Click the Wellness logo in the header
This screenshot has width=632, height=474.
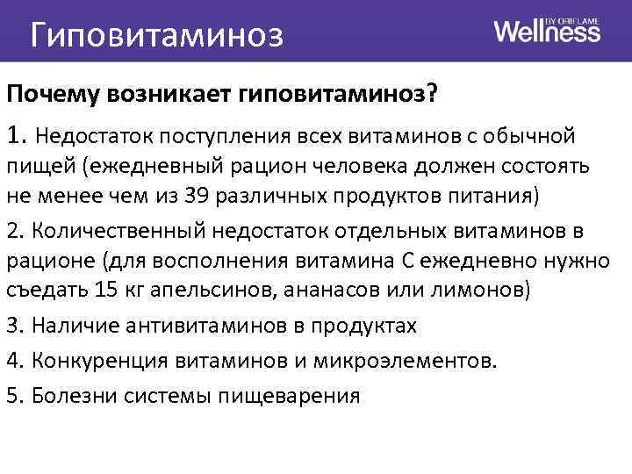coord(547,31)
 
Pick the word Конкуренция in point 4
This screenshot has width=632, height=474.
coord(97,361)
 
